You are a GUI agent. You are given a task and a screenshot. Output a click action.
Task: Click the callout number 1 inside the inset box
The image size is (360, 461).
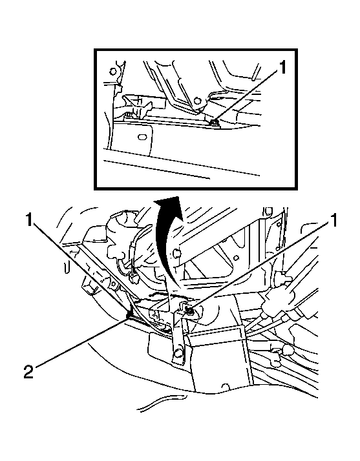[282, 67]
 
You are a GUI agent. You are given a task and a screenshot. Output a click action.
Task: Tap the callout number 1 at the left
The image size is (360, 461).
[28, 220]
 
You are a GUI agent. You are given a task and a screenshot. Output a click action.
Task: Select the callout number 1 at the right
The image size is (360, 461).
[334, 221]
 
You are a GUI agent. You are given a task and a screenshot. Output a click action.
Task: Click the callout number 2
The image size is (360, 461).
[28, 371]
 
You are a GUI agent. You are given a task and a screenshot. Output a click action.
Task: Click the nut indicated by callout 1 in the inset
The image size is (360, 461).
[215, 121]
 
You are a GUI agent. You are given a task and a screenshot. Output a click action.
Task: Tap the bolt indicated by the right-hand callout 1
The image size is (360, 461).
[190, 310]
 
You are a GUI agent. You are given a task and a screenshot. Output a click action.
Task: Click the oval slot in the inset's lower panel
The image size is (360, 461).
[142, 138]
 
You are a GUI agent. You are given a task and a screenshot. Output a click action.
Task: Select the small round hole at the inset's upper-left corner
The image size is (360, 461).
[112, 71]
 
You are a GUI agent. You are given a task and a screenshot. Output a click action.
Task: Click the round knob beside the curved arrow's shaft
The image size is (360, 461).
[176, 252]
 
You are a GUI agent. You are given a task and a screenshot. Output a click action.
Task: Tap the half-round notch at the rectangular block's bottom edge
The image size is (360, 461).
[226, 387]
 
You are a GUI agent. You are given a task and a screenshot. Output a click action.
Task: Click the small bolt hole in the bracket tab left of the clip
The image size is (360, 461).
[112, 283]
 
